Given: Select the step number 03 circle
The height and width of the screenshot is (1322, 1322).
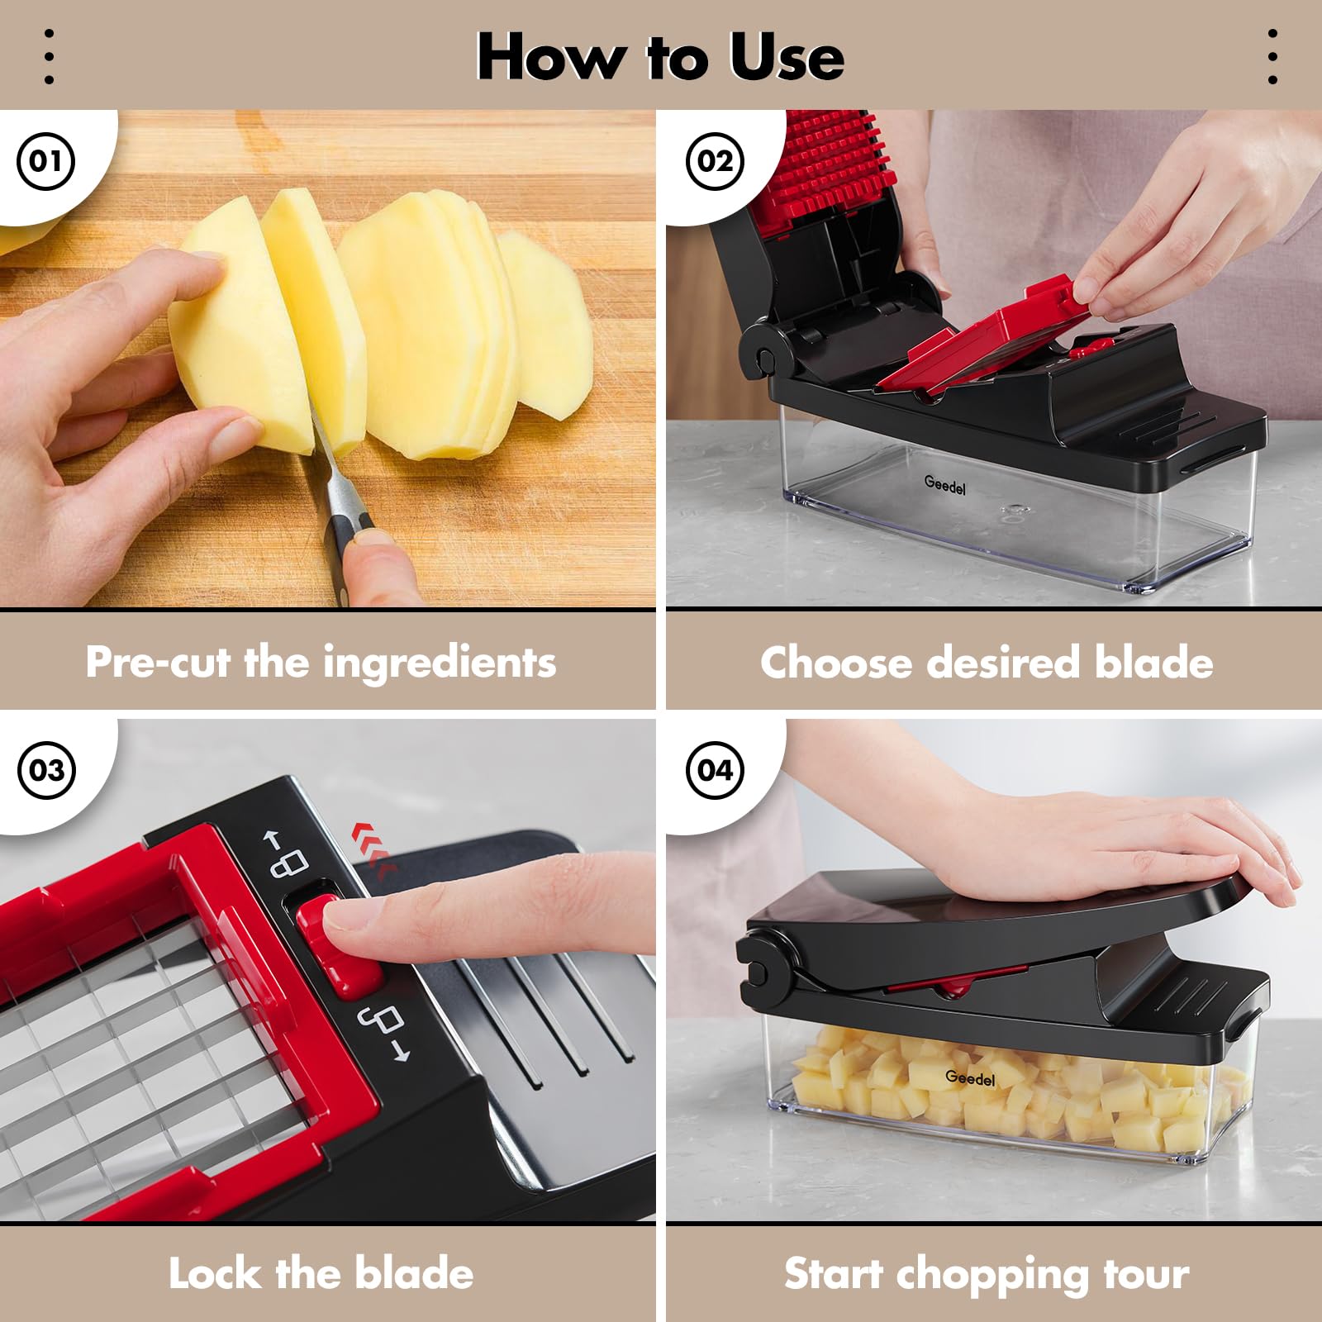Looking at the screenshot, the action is click(46, 770).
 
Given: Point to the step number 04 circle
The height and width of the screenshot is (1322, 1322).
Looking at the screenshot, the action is click(715, 770).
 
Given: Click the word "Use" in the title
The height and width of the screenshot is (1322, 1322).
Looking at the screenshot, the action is click(787, 57).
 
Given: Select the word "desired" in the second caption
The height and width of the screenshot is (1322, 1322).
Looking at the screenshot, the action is click(1003, 663).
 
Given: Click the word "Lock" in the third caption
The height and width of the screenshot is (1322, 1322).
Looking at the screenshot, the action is click(216, 1272).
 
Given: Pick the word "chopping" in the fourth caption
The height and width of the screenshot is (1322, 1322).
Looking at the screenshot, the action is click(992, 1275).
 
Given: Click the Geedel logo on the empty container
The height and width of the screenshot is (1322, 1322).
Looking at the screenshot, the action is click(944, 485).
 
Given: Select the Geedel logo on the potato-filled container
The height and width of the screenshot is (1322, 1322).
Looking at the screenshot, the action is click(970, 1077).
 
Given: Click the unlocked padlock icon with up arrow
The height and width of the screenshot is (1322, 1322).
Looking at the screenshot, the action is click(286, 856).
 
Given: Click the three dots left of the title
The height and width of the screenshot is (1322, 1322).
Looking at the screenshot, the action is click(49, 57).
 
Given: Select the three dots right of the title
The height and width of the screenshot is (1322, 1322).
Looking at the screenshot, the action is click(1272, 57).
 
